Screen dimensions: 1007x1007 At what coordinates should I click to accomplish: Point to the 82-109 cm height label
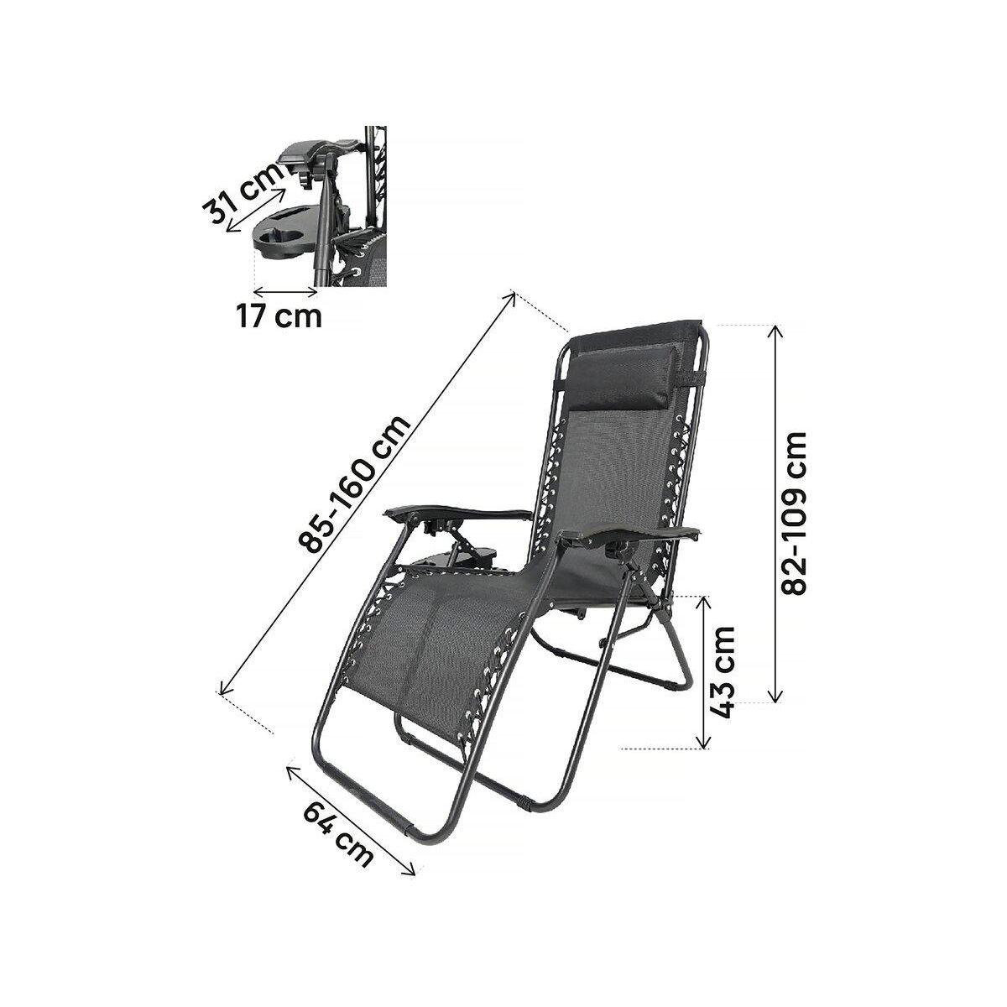pos(794,513)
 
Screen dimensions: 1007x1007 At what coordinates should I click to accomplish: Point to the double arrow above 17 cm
pos(285,291)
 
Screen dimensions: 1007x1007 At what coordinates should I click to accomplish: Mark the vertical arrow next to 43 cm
pos(703,671)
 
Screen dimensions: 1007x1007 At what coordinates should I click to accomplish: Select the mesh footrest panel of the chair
pos(420,638)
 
